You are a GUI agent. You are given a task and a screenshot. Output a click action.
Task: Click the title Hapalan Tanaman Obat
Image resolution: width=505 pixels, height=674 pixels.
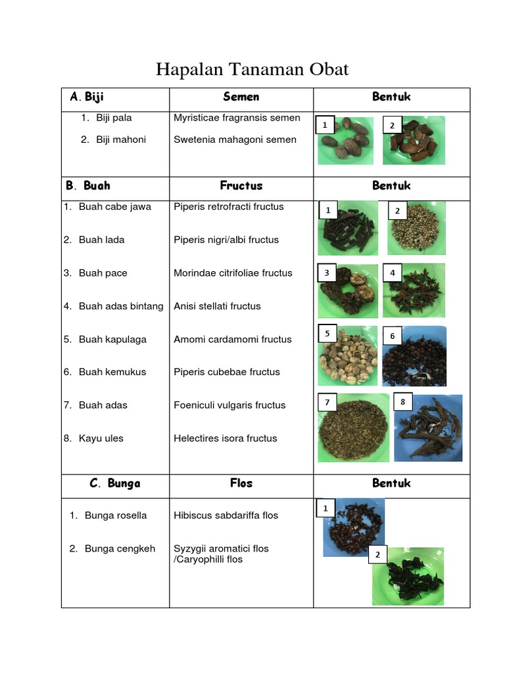(x=252, y=69)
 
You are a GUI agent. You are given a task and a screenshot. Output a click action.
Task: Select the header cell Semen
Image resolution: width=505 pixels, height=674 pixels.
(x=241, y=97)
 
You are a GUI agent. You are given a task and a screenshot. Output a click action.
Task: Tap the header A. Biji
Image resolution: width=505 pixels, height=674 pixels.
(x=87, y=97)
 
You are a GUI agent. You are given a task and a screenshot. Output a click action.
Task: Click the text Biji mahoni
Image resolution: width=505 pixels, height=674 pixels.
(x=121, y=140)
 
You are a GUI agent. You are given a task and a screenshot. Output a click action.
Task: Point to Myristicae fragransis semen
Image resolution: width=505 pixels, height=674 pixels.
(x=237, y=118)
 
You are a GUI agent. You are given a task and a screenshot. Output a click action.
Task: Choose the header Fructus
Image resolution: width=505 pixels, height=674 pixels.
(x=241, y=186)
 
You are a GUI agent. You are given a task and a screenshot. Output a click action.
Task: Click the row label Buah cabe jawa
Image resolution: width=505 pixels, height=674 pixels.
(x=114, y=207)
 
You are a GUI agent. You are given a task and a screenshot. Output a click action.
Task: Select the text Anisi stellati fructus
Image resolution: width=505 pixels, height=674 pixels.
(x=217, y=306)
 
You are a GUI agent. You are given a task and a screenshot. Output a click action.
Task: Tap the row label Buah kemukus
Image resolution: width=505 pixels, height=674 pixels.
(x=112, y=372)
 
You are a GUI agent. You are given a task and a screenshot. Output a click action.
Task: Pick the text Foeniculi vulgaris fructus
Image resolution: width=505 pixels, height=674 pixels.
(x=229, y=405)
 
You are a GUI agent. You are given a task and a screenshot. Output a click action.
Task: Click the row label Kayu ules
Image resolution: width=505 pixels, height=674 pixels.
(x=101, y=438)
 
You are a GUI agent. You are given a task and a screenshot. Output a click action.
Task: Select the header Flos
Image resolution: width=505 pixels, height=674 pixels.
(x=241, y=483)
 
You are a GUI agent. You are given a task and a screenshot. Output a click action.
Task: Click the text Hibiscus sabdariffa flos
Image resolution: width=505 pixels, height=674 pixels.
(x=226, y=515)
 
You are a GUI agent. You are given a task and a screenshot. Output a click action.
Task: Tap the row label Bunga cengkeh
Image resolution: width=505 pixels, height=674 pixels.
(x=120, y=548)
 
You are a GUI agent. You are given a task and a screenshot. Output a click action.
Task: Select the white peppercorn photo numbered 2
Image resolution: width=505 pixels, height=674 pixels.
(x=417, y=229)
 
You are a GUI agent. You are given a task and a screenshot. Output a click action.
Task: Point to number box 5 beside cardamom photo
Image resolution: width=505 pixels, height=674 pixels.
(x=327, y=334)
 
